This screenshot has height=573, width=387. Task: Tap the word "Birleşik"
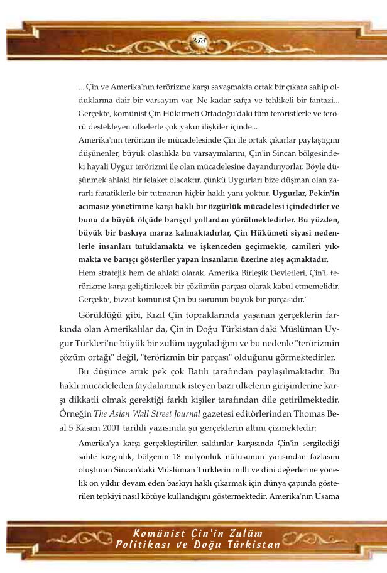click(242, 274)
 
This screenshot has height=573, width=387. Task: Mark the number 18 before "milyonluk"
click(201, 457)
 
